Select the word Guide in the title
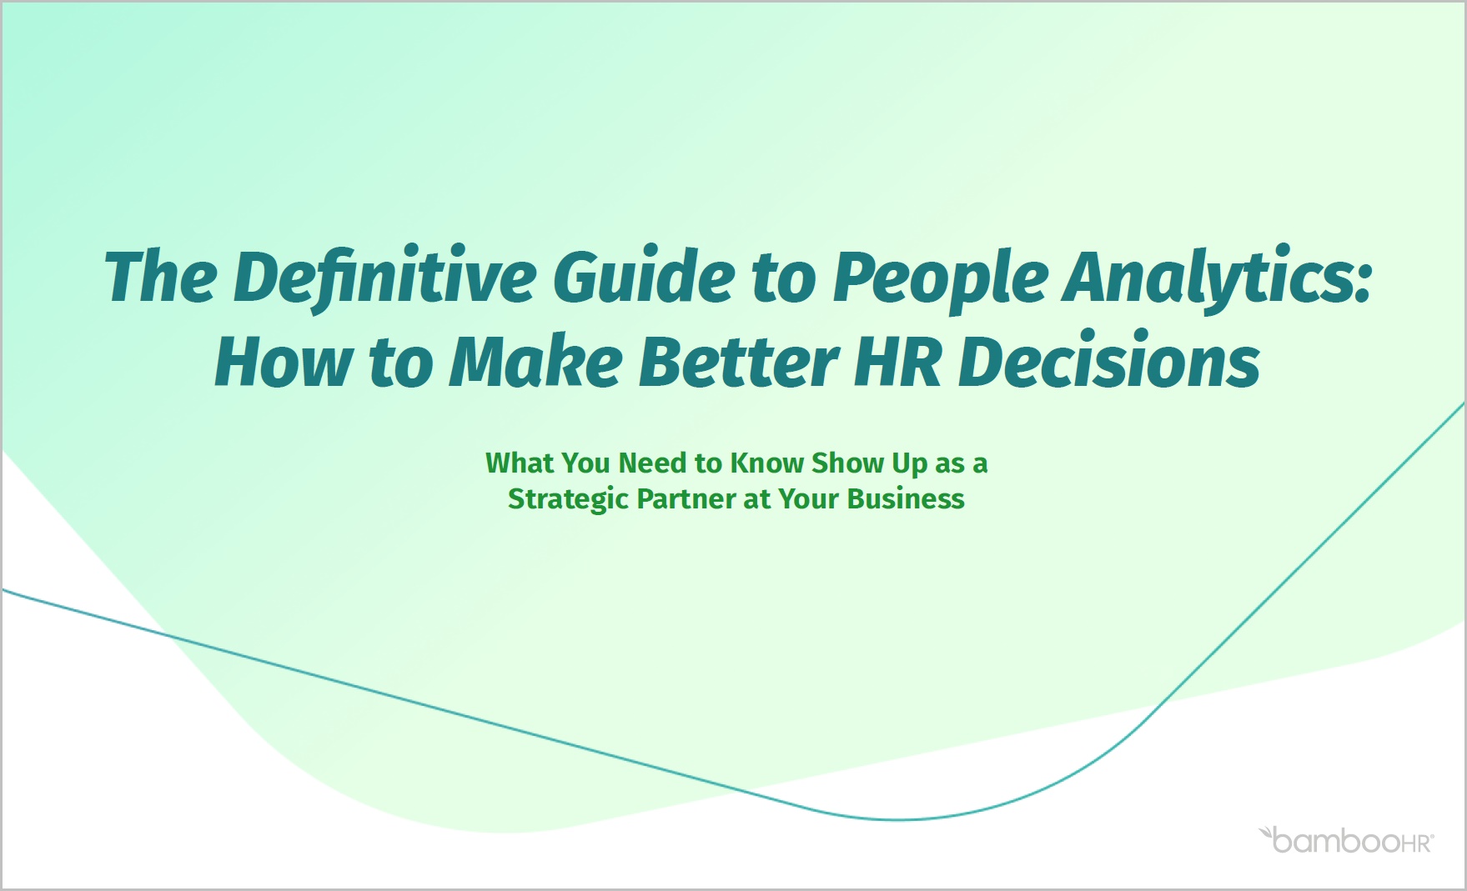(644, 277)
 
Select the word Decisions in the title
(1110, 363)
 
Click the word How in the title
(284, 363)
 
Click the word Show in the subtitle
(848, 463)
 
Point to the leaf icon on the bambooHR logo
(1266, 832)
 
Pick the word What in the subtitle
(520, 463)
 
